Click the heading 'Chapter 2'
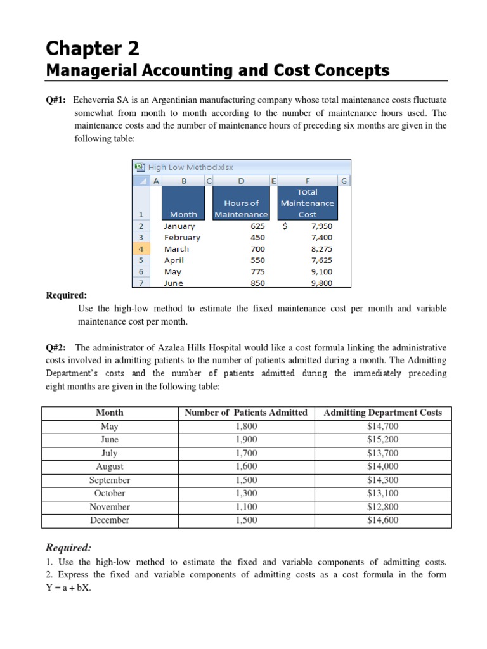click(x=93, y=49)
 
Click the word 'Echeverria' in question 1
click(x=95, y=100)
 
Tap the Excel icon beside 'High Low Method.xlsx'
click(x=140, y=167)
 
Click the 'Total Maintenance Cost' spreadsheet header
click(x=307, y=203)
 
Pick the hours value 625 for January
click(x=257, y=226)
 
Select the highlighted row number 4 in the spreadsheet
click(x=140, y=249)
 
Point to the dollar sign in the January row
click(x=286, y=226)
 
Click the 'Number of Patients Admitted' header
click(x=246, y=413)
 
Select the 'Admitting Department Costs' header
click(x=382, y=413)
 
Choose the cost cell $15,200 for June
click(x=382, y=439)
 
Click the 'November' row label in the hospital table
click(x=110, y=506)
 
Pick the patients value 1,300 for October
click(x=246, y=493)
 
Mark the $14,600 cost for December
click(x=382, y=520)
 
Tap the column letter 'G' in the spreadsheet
click(x=344, y=181)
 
